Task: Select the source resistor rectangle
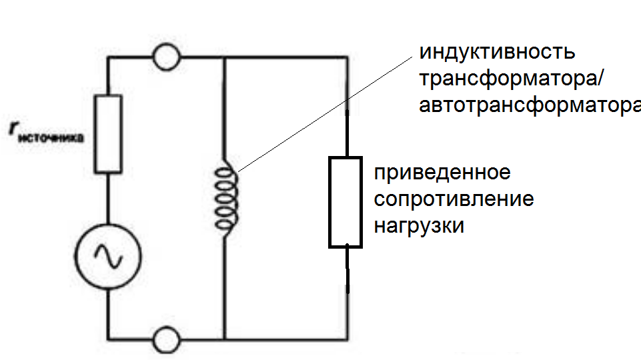click(x=109, y=133)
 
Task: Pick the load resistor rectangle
click(x=345, y=201)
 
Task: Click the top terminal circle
click(x=165, y=58)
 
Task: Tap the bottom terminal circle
click(x=165, y=339)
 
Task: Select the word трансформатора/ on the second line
click(x=511, y=79)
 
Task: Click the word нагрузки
click(x=418, y=226)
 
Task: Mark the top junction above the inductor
click(x=225, y=58)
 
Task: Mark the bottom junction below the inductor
click(x=225, y=339)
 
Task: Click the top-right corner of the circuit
click(x=347, y=58)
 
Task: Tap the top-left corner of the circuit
click(x=109, y=58)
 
